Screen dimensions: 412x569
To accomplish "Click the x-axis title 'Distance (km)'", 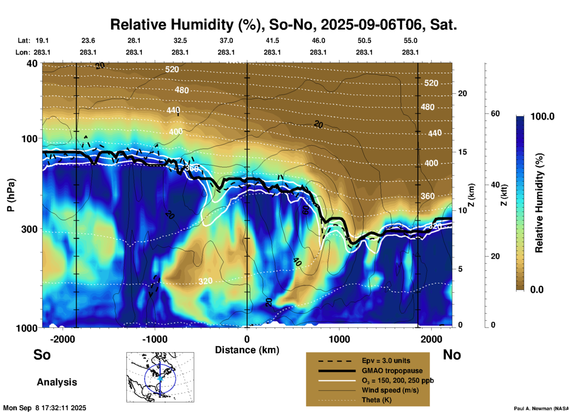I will [247, 350].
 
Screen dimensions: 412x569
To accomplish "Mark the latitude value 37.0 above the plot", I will [226, 41].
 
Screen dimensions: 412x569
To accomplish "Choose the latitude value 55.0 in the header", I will [410, 41].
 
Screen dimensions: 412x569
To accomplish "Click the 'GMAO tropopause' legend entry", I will [392, 371].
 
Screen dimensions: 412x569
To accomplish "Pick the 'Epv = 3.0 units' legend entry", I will [386, 361].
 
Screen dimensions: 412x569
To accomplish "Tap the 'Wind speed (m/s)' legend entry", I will [390, 390].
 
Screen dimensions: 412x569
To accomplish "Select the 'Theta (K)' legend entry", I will [376, 400].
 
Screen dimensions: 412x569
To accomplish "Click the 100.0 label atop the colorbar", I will [542, 116].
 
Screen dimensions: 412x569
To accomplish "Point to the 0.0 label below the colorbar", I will [537, 289].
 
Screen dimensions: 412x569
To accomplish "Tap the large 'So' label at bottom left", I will [42, 355].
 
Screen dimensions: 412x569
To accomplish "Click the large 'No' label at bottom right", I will [452, 355].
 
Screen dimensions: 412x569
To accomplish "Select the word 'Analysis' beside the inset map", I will [57, 382].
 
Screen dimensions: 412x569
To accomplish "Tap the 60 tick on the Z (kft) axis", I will [495, 113].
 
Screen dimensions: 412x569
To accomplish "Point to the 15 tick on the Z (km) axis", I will [462, 152].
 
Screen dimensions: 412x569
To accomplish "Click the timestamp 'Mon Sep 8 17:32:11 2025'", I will [45, 408].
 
